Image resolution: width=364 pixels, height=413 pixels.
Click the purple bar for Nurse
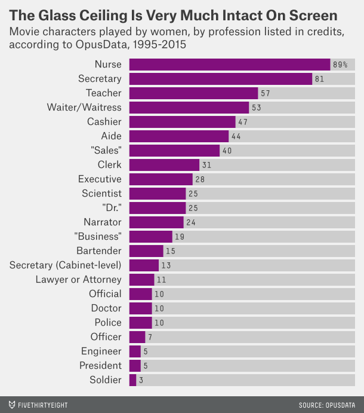pyautogui.click(x=230, y=65)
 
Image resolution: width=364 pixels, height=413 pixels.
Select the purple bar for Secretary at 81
pyautogui.click(x=221, y=79)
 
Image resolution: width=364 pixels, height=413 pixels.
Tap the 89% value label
pyautogui.click(x=340, y=65)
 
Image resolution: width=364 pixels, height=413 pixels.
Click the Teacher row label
pyautogui.click(x=103, y=93)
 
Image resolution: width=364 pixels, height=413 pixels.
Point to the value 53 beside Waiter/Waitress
pyautogui.click(x=257, y=108)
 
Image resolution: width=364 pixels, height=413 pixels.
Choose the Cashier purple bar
pyautogui.click(x=183, y=122)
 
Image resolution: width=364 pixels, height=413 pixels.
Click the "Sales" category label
pyautogui.click(x=105, y=151)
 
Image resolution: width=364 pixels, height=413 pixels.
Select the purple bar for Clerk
pyautogui.click(x=164, y=165)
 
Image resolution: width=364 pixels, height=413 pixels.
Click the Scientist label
pyautogui.click(x=101, y=194)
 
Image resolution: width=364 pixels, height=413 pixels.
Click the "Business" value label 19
pyautogui.click(x=180, y=237)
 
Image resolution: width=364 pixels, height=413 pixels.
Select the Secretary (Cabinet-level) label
pyautogui.click(x=66, y=265)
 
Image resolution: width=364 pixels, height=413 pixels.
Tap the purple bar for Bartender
pyautogui.click(x=146, y=251)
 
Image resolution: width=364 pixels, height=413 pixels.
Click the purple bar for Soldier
pyautogui.click(x=132, y=380)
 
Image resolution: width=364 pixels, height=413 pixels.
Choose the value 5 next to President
pyautogui.click(x=146, y=366)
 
